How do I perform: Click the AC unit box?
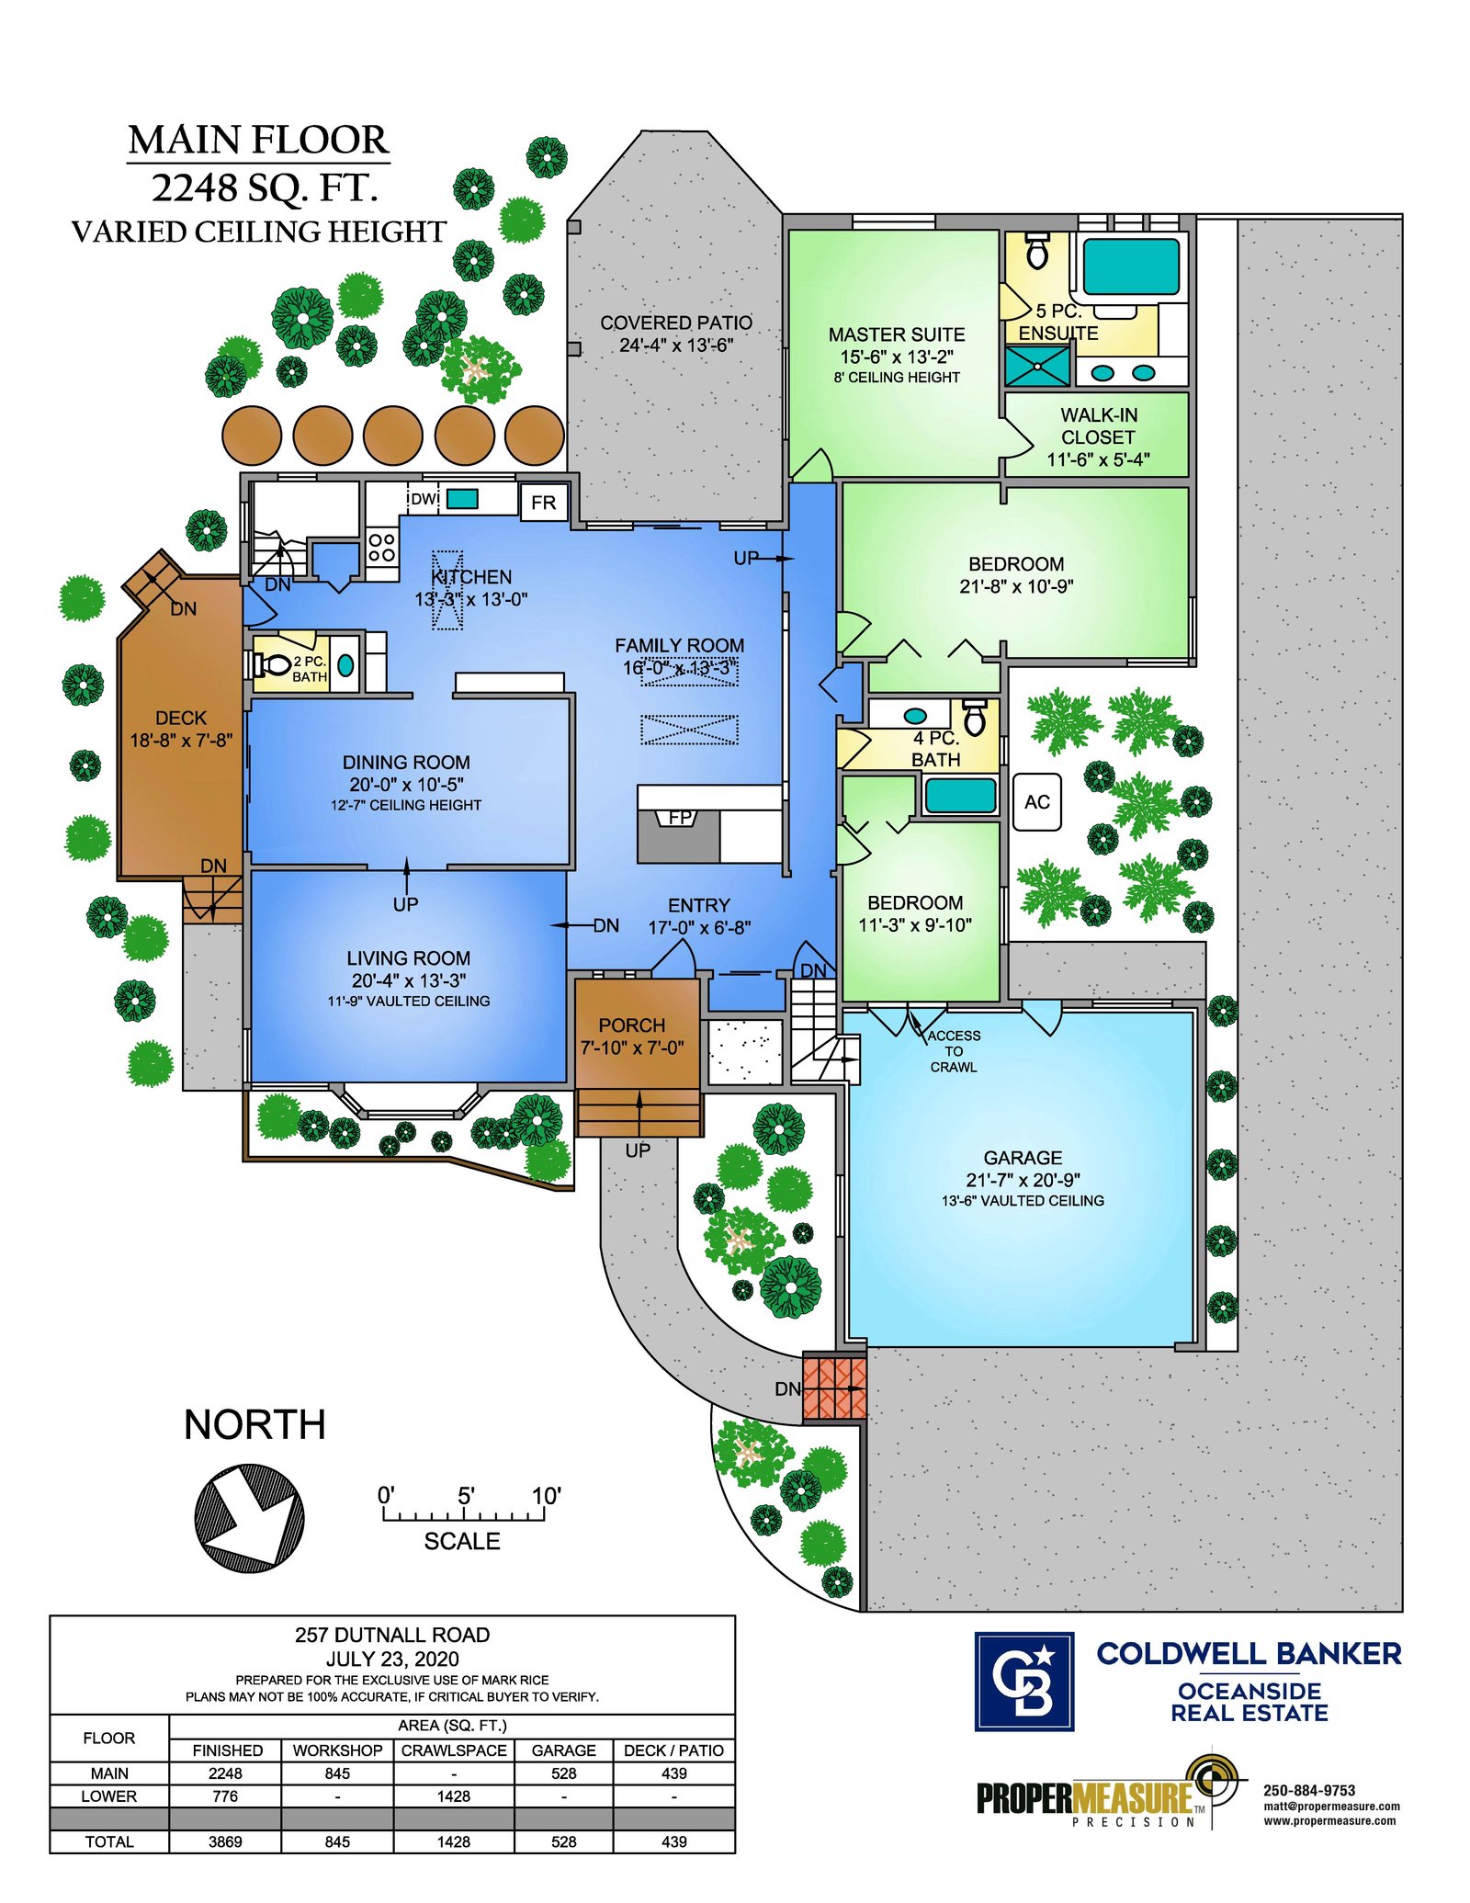point(1036,802)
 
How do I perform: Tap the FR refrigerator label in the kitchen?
point(543,503)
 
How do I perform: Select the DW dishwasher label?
point(424,499)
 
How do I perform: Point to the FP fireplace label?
point(680,817)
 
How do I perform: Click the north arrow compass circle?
point(249,1519)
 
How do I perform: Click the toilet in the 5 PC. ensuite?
point(1037,251)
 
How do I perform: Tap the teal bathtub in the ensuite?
point(1131,266)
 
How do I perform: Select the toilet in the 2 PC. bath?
point(267,663)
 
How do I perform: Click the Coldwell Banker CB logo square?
point(1023,1681)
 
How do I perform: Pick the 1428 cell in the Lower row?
point(454,1795)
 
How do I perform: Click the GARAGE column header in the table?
point(563,1750)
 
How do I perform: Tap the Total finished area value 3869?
point(225,1841)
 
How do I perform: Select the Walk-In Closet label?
point(1098,437)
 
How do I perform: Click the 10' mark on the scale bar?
point(546,1496)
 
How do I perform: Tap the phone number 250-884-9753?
point(1309,1790)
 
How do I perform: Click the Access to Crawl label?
point(954,1051)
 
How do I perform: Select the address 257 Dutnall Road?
point(392,1635)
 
